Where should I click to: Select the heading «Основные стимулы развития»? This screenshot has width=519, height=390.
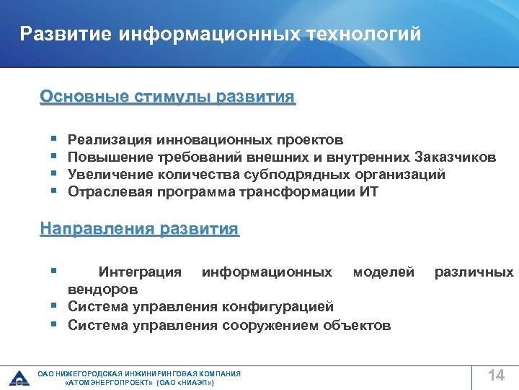[x=167, y=97]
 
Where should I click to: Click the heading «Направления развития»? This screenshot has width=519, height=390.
[x=139, y=230]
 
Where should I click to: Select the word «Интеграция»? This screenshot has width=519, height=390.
[x=140, y=272]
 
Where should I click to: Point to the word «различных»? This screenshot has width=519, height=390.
[x=474, y=272]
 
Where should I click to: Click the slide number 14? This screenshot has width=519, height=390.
[x=496, y=375]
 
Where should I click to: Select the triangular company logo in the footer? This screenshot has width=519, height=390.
[x=18, y=377]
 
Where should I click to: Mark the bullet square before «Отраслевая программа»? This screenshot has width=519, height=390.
[x=54, y=191]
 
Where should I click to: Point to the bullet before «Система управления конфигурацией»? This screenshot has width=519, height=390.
[x=54, y=306]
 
